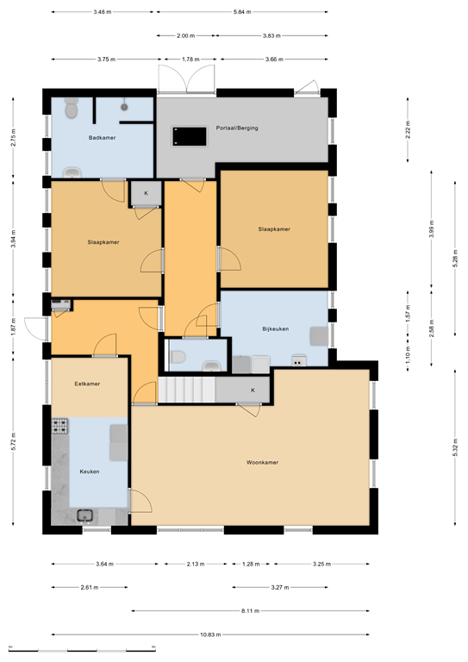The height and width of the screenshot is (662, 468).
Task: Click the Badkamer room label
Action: [102, 138]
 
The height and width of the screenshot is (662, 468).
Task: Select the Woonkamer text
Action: [261, 462]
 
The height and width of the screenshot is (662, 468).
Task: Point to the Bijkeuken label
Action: [275, 329]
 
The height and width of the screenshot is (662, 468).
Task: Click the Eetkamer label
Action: [87, 384]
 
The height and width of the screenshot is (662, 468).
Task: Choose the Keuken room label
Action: [90, 472]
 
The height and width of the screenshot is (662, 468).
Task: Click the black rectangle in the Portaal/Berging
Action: [190, 135]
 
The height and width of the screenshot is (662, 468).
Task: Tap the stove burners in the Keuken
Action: [60, 426]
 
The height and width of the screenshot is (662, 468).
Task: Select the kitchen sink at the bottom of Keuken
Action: [85, 515]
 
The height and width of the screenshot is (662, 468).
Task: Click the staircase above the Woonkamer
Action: [185, 390]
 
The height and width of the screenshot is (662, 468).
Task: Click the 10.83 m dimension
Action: [209, 634]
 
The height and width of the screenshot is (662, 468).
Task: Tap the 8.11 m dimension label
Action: [249, 611]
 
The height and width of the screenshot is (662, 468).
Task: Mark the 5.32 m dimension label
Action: [454, 450]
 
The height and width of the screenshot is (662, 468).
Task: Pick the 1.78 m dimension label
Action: [190, 59]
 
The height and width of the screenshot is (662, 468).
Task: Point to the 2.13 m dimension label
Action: [196, 564]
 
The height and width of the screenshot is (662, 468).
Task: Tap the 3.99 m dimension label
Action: [431, 228]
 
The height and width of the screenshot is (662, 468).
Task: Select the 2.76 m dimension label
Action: [13, 138]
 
